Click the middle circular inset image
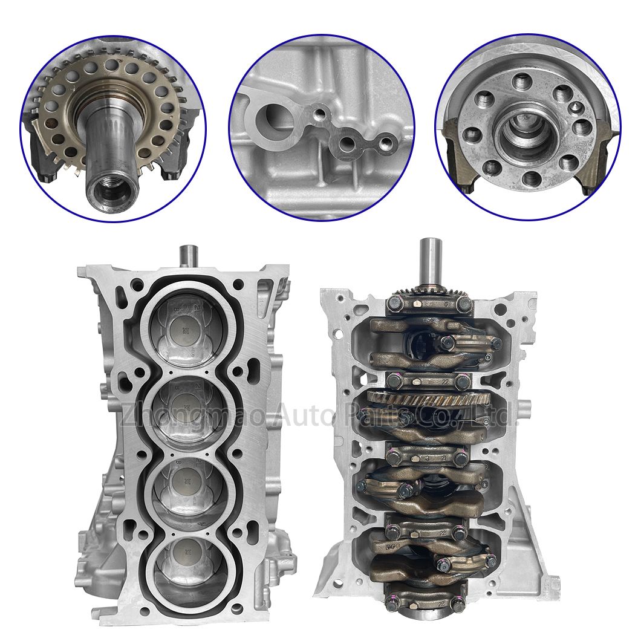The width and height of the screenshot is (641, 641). click(321, 126)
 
